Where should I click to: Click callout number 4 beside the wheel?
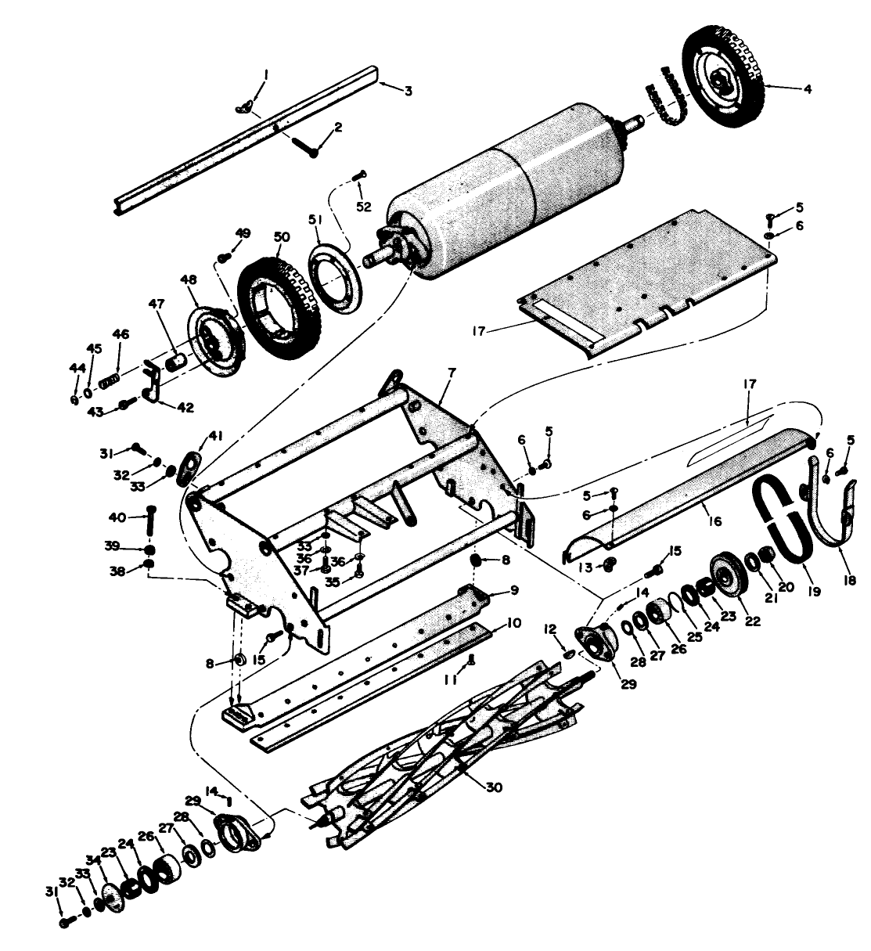coord(808,89)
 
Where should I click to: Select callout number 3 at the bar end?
coord(408,91)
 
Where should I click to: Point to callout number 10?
coord(514,623)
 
